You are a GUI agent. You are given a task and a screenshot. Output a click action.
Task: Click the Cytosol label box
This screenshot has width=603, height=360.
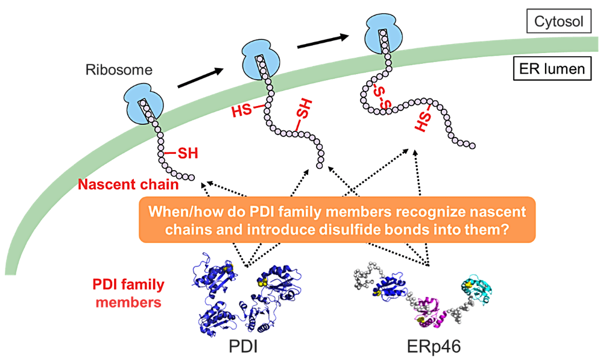(x=559, y=21)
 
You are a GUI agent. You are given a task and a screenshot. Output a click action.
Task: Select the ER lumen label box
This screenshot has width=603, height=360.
(x=552, y=69)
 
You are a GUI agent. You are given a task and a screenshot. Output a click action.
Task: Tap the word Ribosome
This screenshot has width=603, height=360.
(x=119, y=69)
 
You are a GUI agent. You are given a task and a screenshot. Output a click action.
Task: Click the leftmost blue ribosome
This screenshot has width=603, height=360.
(x=143, y=104)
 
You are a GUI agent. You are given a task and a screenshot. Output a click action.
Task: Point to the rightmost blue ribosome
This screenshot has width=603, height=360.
(x=384, y=34)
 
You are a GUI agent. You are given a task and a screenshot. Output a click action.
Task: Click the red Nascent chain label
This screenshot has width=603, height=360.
(x=128, y=185)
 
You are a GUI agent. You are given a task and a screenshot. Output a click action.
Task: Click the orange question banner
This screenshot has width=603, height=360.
(x=337, y=220)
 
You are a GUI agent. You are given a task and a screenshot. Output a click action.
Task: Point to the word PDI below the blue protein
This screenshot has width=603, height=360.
(x=243, y=347)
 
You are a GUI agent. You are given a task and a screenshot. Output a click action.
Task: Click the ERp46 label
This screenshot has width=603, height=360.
(x=434, y=347)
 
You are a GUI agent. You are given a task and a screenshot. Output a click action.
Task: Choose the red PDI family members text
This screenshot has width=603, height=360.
(x=128, y=293)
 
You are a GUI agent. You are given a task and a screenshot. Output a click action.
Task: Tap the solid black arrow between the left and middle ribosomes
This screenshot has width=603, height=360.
(x=200, y=78)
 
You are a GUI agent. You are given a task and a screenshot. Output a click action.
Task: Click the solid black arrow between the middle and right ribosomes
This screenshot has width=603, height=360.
(x=323, y=42)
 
